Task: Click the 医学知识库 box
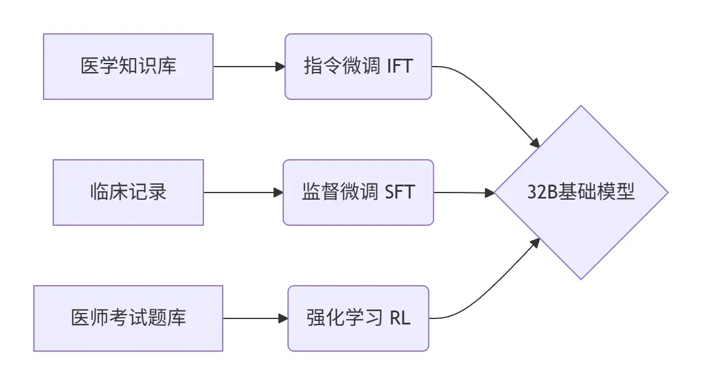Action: [128, 67]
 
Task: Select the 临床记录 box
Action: [128, 192]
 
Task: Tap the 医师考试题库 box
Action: [128, 318]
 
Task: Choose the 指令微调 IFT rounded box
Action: [358, 67]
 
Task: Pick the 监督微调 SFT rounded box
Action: [358, 192]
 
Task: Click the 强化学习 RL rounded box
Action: [358, 318]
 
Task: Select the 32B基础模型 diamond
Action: [581, 192]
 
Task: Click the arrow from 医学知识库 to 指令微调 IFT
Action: [248, 67]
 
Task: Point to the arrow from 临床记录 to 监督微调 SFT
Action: [242, 192]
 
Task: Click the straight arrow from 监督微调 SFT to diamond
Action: [463, 192]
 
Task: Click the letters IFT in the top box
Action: [399, 67]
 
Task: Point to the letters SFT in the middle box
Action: [400, 192]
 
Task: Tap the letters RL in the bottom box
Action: [399, 318]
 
